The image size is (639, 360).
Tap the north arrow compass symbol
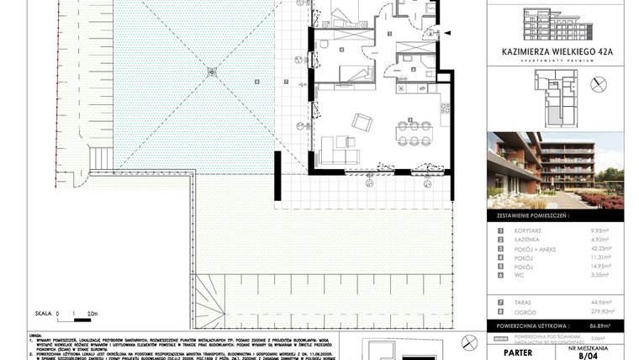coord(599,83)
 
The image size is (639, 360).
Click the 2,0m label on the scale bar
coord(92,312)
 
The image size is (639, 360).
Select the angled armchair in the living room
coord(362,122)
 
